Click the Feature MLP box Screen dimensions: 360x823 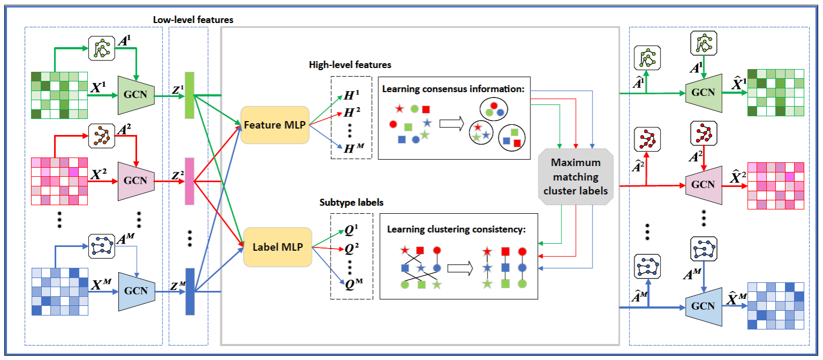click(x=275, y=125)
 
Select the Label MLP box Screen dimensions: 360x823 click(x=278, y=247)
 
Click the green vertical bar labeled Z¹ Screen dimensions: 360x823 click(x=189, y=95)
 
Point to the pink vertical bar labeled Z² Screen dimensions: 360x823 click(x=189, y=181)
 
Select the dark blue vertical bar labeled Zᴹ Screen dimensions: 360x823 click(x=190, y=291)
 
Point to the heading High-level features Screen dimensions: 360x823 click(x=350, y=65)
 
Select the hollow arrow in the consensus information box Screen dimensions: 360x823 click(x=451, y=124)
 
